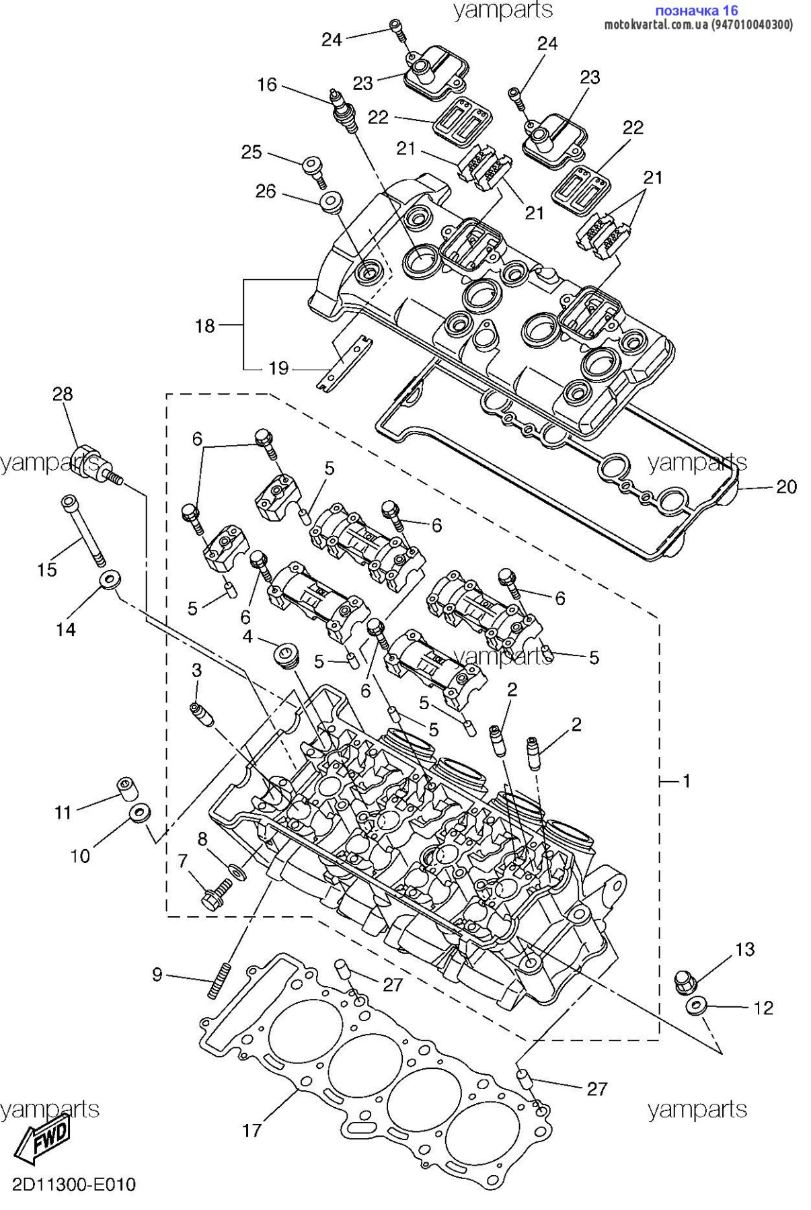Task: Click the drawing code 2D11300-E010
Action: pos(73,1184)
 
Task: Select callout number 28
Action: pos(63,394)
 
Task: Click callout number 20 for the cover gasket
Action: pos(786,487)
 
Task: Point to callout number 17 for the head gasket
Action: pos(252,1130)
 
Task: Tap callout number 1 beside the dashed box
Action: pos(686,781)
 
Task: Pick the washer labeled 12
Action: pos(695,1006)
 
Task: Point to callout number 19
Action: pos(278,368)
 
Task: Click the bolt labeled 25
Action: pos(313,168)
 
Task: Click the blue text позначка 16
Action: pos(696,10)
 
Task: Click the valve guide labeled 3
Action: pos(201,715)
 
